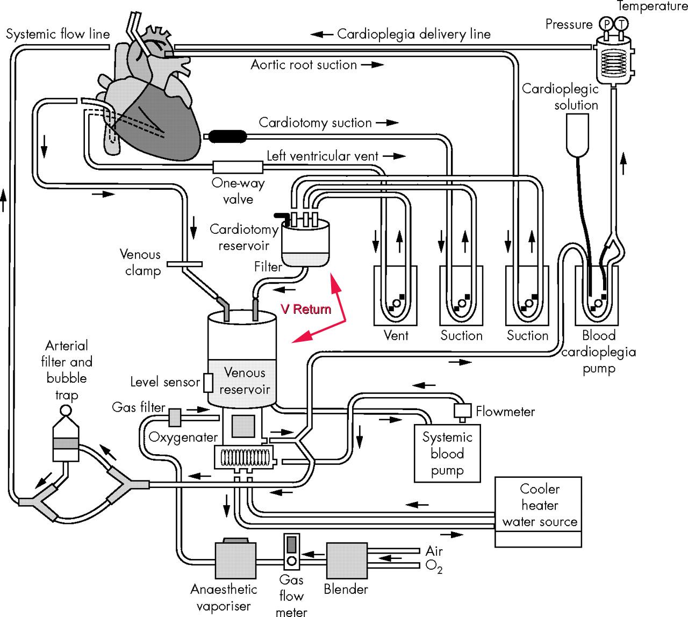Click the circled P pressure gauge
(606, 24)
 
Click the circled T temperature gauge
(622, 24)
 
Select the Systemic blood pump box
(447, 454)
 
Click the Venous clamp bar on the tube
(184, 264)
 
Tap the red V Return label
(305, 309)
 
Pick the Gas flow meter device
(291, 552)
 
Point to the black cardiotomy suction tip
(225, 136)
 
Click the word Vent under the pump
(396, 335)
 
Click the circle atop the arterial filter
(66, 410)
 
